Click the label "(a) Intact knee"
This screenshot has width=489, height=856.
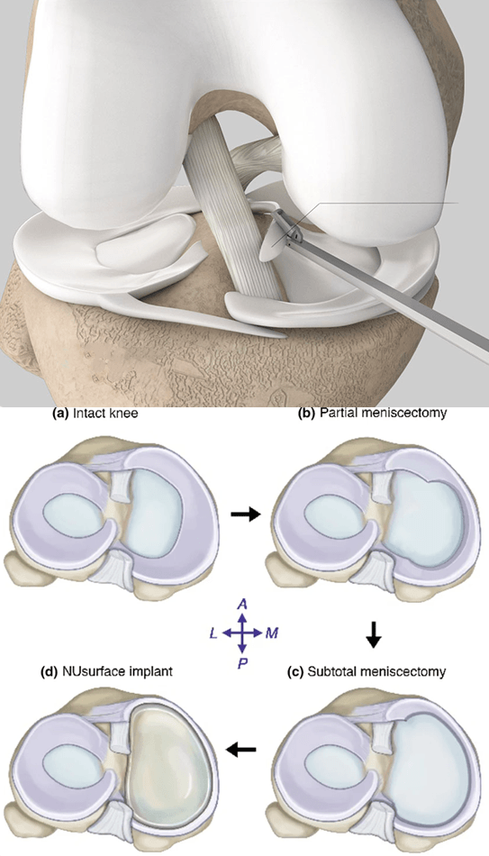click(95, 414)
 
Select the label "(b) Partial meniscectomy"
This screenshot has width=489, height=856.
click(372, 413)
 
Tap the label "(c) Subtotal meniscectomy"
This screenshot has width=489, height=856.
click(366, 671)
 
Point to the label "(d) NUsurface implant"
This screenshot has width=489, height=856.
click(106, 671)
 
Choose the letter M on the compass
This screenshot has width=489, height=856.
click(271, 633)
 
